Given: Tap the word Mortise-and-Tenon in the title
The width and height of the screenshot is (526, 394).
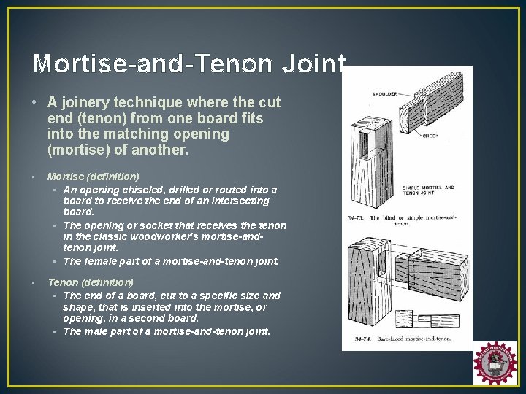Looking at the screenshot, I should [146, 64].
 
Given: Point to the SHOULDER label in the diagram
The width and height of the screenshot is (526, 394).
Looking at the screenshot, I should [386, 94].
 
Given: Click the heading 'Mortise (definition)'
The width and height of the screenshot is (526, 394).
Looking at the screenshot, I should [93, 177].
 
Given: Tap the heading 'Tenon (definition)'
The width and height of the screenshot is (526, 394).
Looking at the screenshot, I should [90, 282].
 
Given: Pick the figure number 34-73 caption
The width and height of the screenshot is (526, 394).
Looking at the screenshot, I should [357, 217].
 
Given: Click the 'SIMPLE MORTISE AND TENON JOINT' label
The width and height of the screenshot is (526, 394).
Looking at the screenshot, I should [429, 190].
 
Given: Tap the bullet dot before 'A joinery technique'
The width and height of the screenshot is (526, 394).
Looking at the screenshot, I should [37, 102].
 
